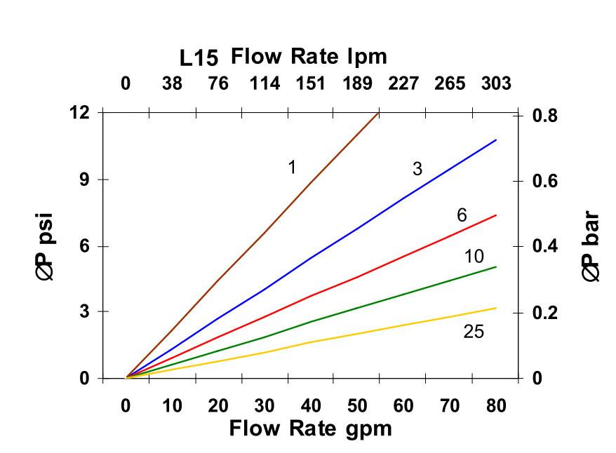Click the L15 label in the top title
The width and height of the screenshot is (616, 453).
199,57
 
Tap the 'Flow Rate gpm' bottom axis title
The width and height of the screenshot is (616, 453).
310,428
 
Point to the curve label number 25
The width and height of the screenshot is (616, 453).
474,332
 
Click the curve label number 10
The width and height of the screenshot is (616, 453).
474,257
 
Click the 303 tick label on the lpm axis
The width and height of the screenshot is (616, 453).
496,84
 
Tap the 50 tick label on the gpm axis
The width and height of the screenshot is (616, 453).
357,405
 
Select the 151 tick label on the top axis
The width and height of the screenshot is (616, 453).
310,84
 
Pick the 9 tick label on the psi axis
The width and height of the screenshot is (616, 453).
84,180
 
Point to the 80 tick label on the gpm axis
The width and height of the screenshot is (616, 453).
496,405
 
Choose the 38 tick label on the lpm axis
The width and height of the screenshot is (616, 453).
172,84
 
